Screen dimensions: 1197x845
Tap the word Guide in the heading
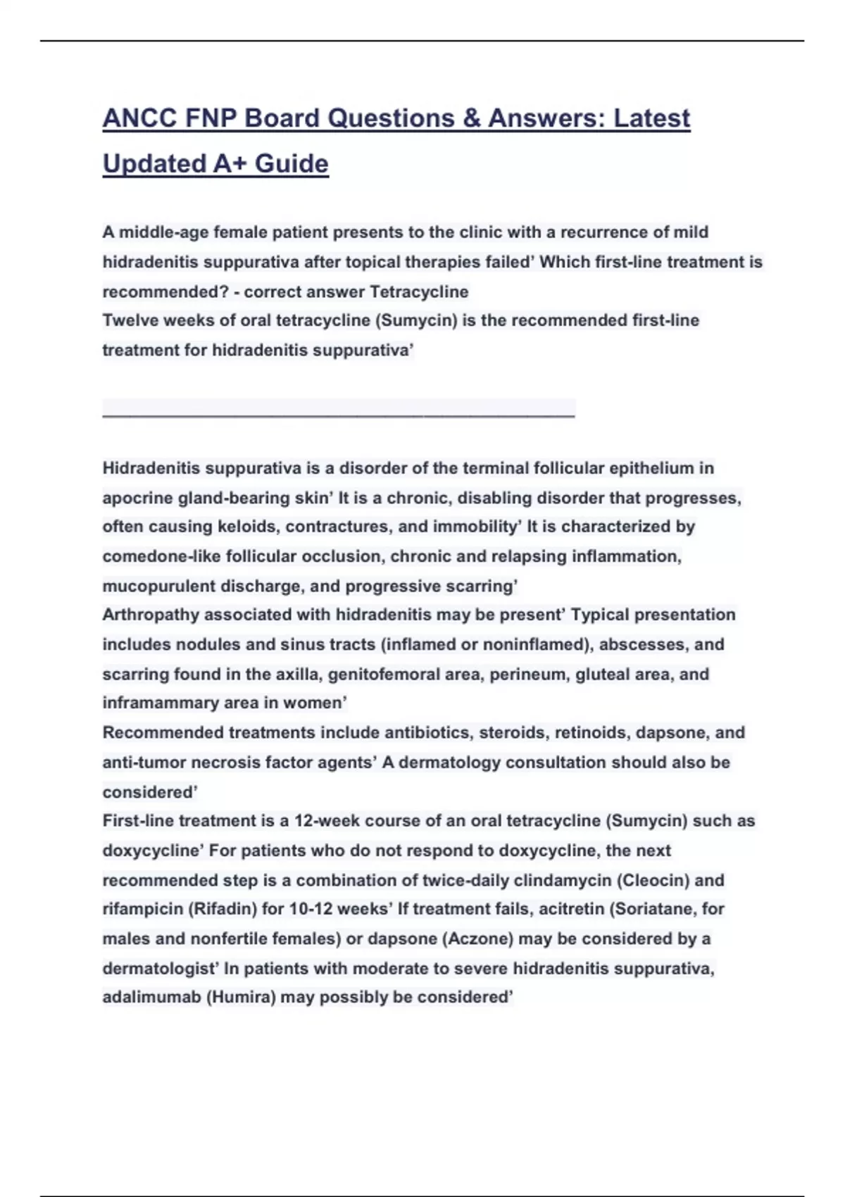click(292, 163)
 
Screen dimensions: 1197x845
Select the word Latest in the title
click(651, 118)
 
